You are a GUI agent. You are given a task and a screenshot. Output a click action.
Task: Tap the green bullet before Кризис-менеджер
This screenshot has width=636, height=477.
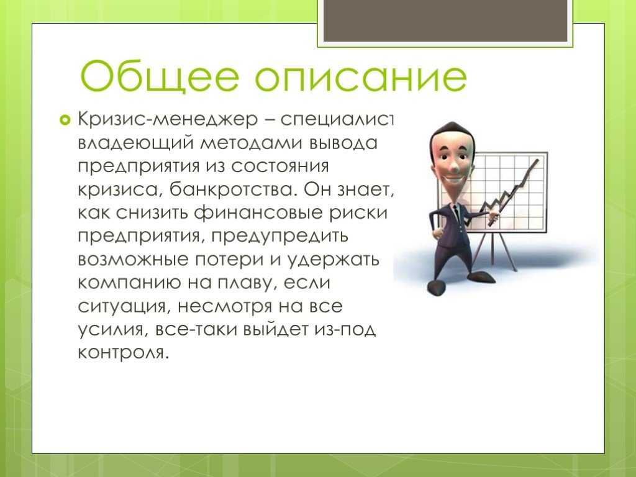(65, 120)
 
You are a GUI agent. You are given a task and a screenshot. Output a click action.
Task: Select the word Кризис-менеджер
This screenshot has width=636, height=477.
(168, 119)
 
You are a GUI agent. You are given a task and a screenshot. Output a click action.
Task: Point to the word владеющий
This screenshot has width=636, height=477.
(136, 143)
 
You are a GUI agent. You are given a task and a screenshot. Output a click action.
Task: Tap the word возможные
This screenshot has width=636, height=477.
(133, 260)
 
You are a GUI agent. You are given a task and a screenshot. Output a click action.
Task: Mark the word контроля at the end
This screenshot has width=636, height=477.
(122, 353)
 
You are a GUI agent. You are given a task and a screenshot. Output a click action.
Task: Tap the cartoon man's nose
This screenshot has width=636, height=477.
(454, 165)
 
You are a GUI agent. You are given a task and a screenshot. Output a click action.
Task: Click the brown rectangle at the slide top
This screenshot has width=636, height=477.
(445, 20)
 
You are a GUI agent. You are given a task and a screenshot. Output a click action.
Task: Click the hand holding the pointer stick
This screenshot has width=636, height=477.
(493, 218)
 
